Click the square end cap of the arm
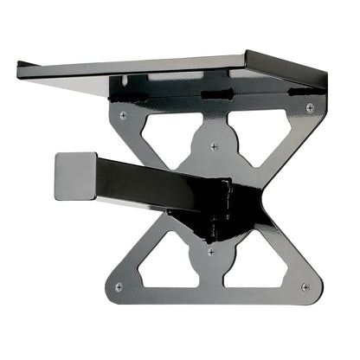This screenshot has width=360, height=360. (x=74, y=176)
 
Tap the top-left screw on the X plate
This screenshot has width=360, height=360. (x=123, y=114)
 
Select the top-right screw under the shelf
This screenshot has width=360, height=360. (x=309, y=107)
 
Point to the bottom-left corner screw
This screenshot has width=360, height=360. (x=119, y=286)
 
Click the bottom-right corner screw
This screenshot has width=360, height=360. (x=304, y=286)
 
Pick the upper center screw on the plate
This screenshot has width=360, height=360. (x=214, y=146)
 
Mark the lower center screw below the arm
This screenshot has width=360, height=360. (x=210, y=252)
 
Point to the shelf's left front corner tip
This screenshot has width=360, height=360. (x=19, y=63)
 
